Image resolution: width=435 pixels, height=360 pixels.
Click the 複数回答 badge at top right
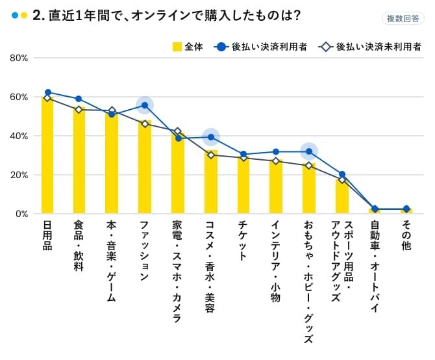pyautogui.click(x=403, y=18)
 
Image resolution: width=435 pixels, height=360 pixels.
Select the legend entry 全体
pyautogui.click(x=188, y=47)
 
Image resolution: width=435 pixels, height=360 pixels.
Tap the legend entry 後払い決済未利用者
pyautogui.click(x=371, y=47)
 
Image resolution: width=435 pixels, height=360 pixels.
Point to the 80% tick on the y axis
pyautogui.click(x=18, y=58)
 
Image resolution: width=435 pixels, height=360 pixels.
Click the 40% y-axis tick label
pyautogui.click(x=18, y=136)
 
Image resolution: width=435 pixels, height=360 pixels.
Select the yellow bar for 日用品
pyautogui.click(x=47, y=156)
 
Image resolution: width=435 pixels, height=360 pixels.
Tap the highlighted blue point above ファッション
pyautogui.click(x=145, y=105)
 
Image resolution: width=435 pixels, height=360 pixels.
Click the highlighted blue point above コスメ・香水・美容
pyautogui.click(x=210, y=137)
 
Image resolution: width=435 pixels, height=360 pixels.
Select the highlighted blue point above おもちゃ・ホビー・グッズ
pyautogui.click(x=309, y=151)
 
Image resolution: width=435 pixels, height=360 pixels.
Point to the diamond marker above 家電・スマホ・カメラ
pyautogui.click(x=178, y=132)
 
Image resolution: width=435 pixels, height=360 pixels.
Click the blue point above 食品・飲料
pyautogui.click(x=79, y=99)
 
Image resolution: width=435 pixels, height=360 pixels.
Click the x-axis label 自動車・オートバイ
pyautogui.click(x=375, y=267)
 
